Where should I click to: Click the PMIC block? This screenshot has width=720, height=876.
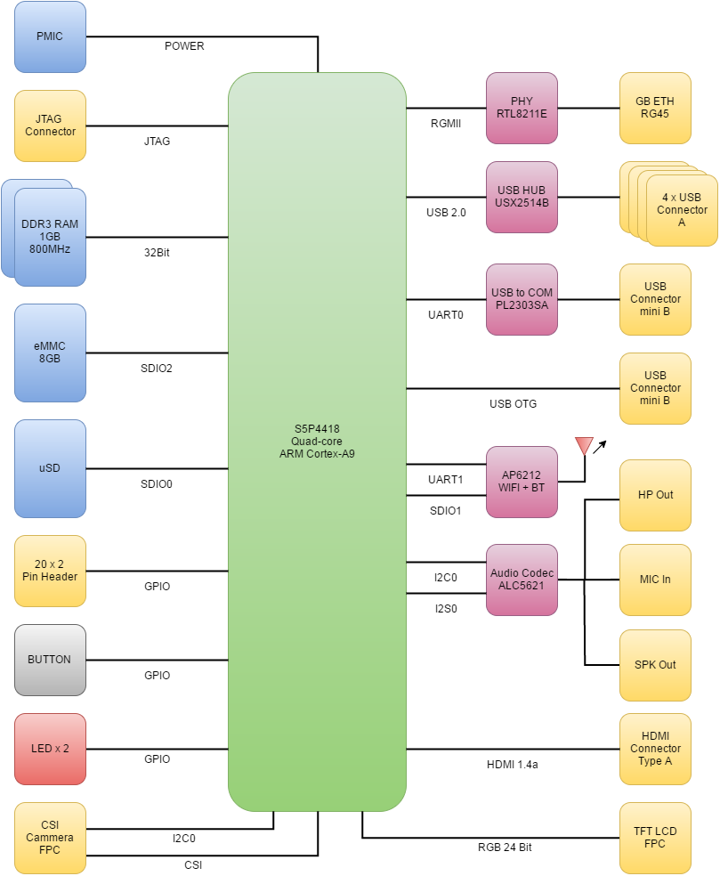50,36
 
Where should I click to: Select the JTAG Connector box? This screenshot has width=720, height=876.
50,126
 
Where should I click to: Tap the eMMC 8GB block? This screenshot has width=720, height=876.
50,353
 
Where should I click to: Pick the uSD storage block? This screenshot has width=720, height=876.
50,468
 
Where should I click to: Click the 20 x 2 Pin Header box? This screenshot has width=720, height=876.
50,571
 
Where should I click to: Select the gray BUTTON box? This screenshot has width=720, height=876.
50,660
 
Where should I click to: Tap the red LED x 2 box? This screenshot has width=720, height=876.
50,749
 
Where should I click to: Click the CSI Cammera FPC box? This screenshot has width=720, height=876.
50,838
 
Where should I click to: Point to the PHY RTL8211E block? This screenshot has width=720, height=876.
522,108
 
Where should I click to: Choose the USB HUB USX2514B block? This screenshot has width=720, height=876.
522,197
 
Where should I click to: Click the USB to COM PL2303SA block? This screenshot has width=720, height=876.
522,299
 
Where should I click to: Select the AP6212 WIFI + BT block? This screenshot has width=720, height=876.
522,482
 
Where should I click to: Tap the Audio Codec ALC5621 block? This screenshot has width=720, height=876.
522,580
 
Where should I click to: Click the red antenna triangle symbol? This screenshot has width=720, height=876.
584,444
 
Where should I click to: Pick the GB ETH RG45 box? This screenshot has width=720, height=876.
655,108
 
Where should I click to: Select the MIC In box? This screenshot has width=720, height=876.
655,580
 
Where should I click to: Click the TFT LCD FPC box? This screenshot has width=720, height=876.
655,838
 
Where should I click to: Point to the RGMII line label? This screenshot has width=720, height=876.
445,124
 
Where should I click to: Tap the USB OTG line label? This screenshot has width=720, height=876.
513,404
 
